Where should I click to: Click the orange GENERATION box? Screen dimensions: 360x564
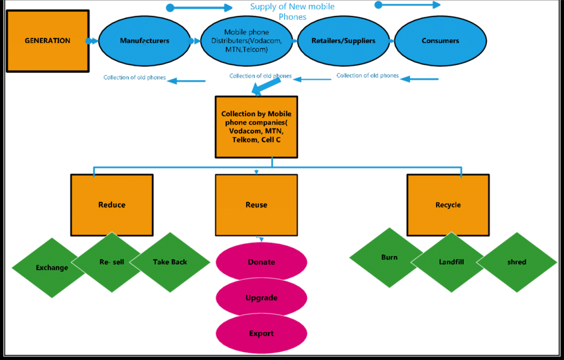47,41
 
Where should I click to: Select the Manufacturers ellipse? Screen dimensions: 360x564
144,41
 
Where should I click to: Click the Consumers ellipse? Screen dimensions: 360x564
440,41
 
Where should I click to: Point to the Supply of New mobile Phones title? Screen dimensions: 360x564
292,11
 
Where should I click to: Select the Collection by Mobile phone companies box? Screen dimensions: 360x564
256,127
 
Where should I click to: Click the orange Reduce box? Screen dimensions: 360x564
111,205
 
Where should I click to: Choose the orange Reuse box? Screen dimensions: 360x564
256,205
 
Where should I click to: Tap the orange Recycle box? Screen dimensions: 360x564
448,205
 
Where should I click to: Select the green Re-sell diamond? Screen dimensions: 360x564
111,263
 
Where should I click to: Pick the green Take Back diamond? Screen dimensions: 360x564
169,263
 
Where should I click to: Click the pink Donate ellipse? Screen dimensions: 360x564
261,263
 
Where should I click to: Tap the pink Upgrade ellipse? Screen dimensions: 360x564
261,298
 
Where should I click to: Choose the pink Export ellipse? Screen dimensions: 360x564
261,333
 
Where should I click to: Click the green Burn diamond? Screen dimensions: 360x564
389,257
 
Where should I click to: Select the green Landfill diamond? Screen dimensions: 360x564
451,263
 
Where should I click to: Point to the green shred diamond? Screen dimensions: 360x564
517,263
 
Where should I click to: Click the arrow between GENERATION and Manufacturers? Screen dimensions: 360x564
93,41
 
